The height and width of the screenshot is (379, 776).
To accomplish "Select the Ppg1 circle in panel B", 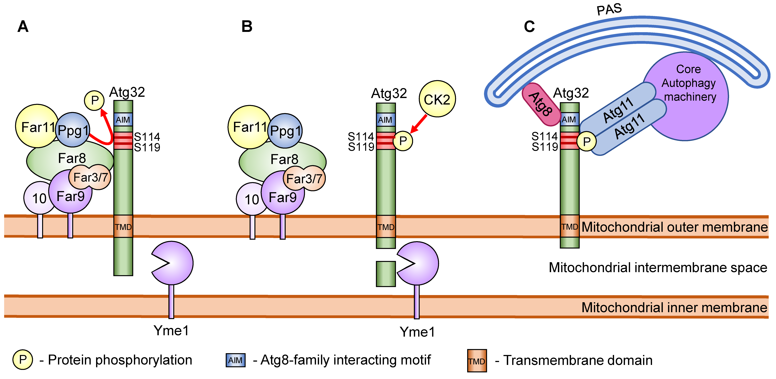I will tap(285, 131).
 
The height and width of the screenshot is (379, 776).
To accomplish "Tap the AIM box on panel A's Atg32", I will tap(123, 120).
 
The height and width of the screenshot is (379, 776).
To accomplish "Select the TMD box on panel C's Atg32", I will tap(569, 227).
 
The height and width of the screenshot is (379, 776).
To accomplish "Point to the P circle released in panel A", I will tap(94, 100).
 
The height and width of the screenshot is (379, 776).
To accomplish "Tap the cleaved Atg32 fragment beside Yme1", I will tap(386, 274).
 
